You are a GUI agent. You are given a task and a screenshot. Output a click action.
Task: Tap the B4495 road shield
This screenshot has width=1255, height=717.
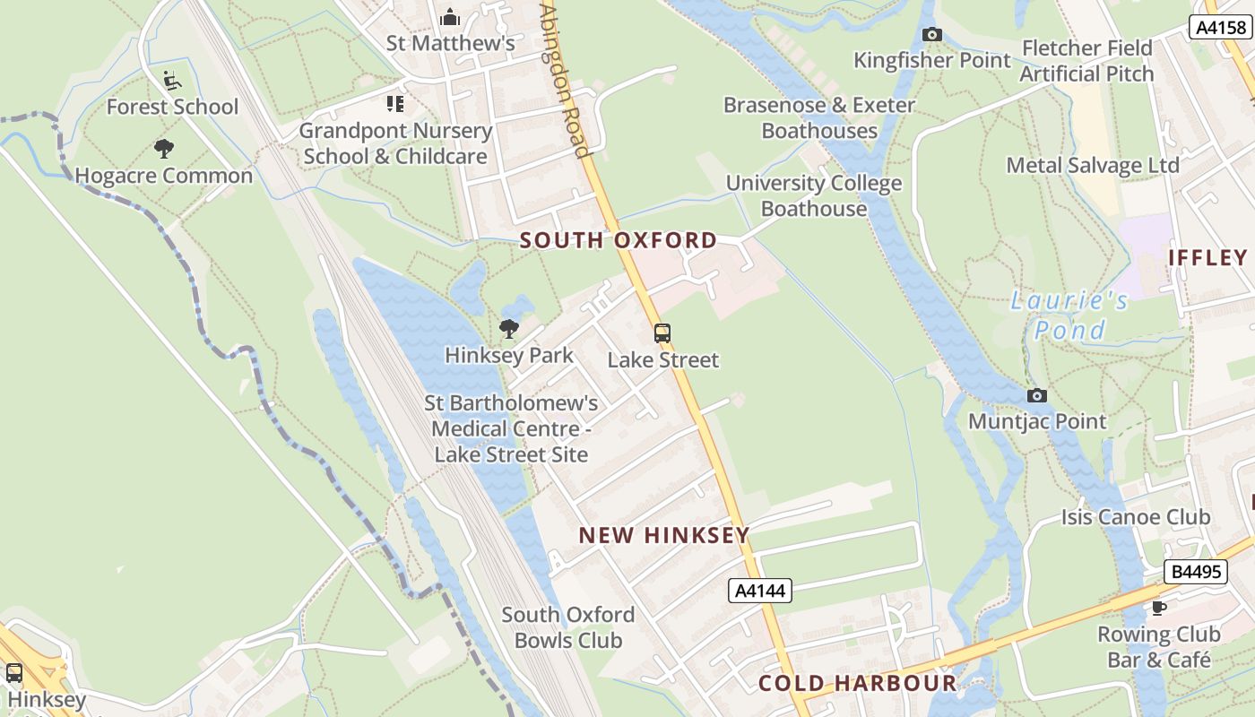point(1196,571)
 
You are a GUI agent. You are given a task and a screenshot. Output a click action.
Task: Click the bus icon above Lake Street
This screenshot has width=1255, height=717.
point(662,333)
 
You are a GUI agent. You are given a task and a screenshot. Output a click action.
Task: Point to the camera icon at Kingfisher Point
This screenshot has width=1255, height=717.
point(932,34)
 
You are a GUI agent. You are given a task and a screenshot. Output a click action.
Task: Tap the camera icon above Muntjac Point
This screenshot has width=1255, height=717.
point(1036,395)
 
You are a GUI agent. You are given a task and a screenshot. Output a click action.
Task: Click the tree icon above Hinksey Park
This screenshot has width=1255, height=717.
point(509,329)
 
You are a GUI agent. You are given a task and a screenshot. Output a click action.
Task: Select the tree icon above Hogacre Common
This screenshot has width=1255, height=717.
point(163,149)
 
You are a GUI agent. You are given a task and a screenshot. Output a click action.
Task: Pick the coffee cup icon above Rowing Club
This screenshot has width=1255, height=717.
point(1159,608)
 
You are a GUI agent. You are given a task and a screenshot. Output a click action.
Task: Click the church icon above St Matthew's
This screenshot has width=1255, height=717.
point(450,17)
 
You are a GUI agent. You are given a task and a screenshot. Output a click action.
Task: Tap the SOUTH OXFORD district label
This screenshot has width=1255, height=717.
point(619,240)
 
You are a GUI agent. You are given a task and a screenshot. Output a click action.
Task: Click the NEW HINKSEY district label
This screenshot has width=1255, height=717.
point(663,536)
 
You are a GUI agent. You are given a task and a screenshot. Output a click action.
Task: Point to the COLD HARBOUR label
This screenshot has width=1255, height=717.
point(858,683)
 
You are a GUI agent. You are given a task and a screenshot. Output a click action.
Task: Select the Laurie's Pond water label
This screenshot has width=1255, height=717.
point(1070,315)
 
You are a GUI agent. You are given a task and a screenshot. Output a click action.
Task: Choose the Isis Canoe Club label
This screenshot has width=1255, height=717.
point(1136,517)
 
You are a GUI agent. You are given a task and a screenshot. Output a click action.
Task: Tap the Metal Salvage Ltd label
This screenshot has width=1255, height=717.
point(1093,165)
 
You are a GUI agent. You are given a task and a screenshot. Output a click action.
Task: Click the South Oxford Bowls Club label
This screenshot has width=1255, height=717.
point(568,627)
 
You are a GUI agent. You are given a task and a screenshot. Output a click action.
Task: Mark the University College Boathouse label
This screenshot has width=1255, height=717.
point(814,195)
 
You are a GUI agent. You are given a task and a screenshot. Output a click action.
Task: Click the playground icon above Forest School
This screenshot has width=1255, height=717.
point(172,81)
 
